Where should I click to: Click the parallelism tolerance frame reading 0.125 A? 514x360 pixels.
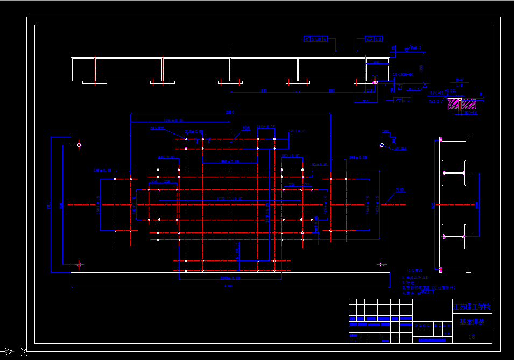[315, 39]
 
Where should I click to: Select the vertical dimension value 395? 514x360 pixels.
[422, 68]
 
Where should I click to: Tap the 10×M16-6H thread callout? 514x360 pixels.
[403, 74]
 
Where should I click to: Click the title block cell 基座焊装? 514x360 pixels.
[472, 322]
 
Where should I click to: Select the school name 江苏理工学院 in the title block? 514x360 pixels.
[472, 307]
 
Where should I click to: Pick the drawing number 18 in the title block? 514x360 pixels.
[472, 337]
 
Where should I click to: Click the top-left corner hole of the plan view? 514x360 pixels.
[79, 145]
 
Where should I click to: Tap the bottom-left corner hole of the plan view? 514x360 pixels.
[79, 264]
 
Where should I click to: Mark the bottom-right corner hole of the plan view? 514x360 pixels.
[382, 264]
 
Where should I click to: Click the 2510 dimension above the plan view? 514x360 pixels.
[230, 112]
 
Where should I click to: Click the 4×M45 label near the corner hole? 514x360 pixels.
[401, 149]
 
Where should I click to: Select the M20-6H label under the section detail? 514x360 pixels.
[470, 114]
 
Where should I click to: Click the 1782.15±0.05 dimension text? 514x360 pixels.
[229, 199]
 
